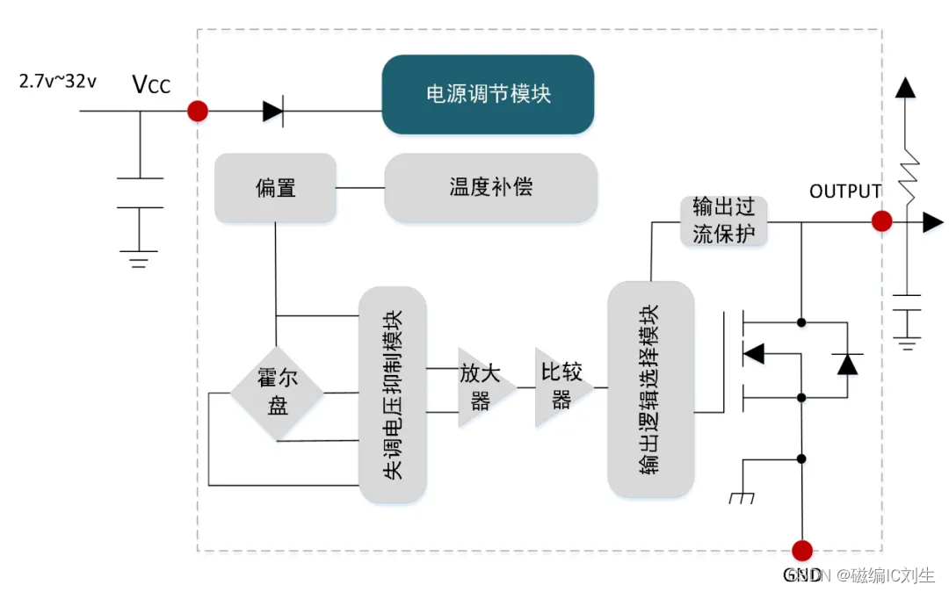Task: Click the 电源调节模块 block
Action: pos(488,94)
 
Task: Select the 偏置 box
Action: pos(275,187)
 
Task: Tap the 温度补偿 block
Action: pos(490,187)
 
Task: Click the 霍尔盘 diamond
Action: pos(278,392)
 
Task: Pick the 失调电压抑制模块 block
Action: pos(393,394)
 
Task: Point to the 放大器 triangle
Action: pos(479,387)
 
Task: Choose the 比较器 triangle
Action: pos(559,387)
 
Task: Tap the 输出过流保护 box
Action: pos(724,221)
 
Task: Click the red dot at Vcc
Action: pos(198,112)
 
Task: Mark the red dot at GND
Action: pos(801,551)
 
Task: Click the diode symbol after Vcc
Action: pos(272,112)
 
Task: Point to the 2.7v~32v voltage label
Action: pos(58,81)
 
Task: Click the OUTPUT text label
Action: pos(845,191)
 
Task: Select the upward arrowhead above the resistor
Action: pos(905,87)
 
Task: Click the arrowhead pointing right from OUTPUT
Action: pos(932,222)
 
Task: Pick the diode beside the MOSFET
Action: pos(847,363)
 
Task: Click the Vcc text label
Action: pos(151,84)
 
